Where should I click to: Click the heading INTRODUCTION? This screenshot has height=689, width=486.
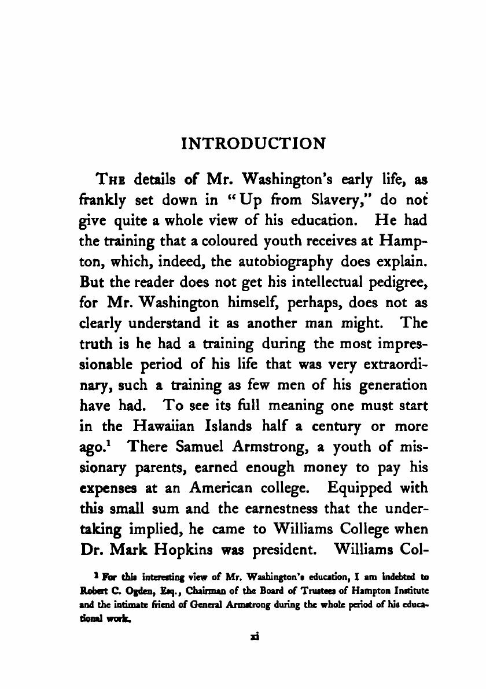pos(253,144)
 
